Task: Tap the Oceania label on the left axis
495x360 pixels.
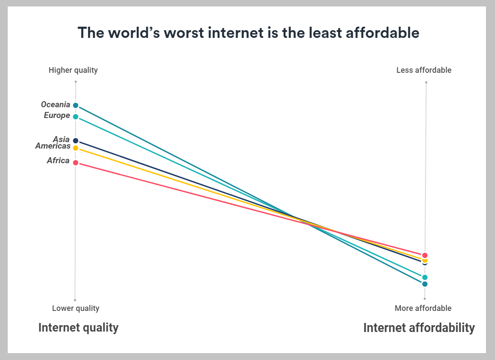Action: coord(56,105)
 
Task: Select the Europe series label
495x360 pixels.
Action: coord(57,115)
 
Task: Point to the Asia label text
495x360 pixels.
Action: coord(61,139)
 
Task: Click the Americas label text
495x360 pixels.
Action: coord(53,146)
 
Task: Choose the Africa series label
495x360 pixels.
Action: coord(58,161)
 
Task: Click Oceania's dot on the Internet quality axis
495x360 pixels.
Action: coord(76,106)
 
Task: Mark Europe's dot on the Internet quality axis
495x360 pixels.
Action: coord(76,117)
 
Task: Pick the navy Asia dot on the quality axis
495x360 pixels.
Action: coord(76,141)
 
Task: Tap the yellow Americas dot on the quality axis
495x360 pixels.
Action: coord(76,148)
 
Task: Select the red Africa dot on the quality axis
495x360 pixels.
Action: coord(76,163)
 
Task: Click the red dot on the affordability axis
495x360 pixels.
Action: coord(425,255)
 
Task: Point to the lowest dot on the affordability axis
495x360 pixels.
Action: coord(425,284)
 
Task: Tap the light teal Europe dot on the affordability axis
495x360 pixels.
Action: coord(425,277)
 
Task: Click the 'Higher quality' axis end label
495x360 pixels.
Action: coord(73,70)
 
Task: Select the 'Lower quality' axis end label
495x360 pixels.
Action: coord(76,308)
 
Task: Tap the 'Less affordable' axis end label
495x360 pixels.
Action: coord(424,70)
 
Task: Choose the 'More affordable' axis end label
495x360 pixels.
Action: coord(423,308)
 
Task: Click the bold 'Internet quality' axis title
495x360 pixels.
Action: coord(78,328)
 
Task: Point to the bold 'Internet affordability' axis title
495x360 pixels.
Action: coord(419,328)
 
